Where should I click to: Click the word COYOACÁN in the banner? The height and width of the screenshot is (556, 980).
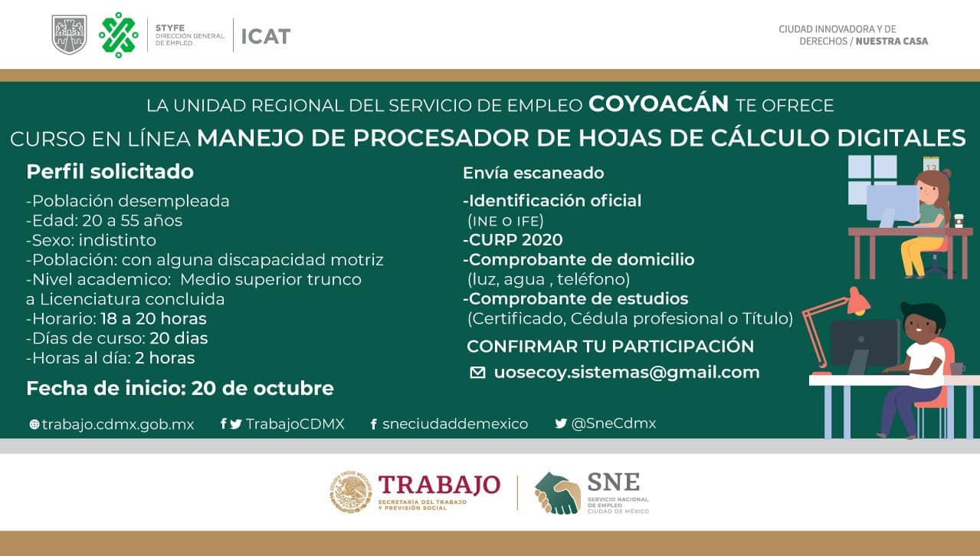click(x=658, y=104)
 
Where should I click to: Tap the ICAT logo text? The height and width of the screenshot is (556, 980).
click(x=266, y=36)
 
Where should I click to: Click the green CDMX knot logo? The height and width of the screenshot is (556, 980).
click(x=118, y=35)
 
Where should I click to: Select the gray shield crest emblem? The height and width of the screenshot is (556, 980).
click(x=69, y=35)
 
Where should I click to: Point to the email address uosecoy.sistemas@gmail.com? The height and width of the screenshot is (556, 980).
click(x=627, y=373)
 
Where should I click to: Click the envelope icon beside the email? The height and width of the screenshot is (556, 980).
click(x=477, y=373)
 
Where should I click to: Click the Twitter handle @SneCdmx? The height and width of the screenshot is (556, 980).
click(x=614, y=423)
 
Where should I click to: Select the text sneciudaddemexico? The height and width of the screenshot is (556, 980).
click(x=455, y=424)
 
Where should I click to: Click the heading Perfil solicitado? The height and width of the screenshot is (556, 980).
click(x=110, y=171)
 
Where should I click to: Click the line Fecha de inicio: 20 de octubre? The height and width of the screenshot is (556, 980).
click(x=180, y=388)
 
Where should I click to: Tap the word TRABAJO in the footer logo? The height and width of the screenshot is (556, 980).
click(x=439, y=485)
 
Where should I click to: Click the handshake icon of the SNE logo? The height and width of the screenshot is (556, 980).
click(x=557, y=493)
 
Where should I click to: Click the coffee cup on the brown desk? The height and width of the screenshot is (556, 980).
click(x=958, y=221)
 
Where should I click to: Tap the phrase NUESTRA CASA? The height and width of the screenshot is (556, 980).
click(x=892, y=41)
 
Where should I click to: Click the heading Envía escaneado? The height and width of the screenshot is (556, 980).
click(x=533, y=173)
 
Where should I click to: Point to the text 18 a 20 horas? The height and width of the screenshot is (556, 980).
click(x=153, y=319)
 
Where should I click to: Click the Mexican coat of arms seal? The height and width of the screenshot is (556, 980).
click(x=350, y=492)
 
